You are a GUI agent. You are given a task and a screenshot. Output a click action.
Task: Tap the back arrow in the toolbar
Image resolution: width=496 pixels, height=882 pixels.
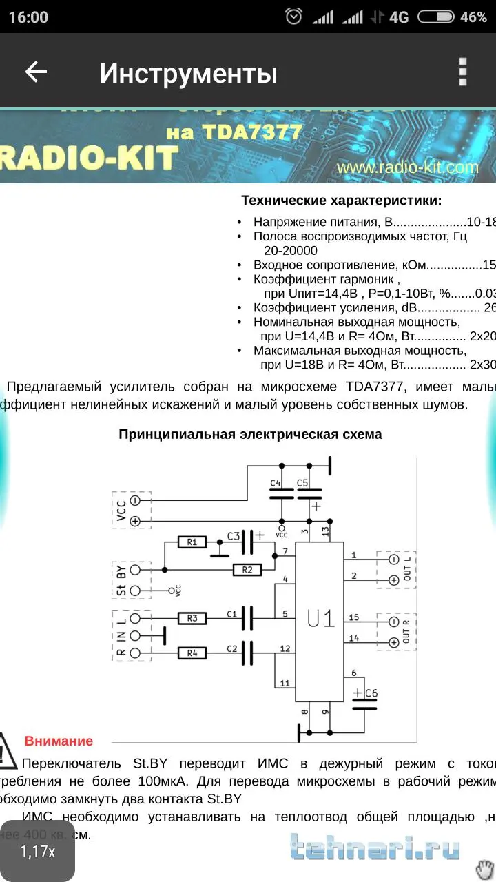point(36,72)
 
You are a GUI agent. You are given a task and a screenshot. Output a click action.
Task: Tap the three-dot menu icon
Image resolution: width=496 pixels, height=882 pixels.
point(463,72)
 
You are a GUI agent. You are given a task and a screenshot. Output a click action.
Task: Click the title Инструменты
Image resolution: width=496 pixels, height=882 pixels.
point(188,73)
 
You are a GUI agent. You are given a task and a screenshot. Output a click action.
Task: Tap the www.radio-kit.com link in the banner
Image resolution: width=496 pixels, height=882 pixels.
point(408,167)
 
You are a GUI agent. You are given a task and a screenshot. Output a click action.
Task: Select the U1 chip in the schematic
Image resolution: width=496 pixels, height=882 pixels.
point(320,619)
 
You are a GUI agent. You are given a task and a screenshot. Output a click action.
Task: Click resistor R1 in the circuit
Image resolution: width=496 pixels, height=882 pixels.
point(192,542)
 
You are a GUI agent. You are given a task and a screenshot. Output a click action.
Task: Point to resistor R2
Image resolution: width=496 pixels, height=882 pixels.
point(247,569)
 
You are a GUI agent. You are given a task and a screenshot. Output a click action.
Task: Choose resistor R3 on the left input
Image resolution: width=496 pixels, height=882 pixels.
point(192,618)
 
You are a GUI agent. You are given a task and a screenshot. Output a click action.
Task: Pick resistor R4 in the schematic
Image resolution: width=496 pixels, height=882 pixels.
point(192,652)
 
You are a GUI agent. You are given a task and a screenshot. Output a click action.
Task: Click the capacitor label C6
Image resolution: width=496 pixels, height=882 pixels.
point(371,693)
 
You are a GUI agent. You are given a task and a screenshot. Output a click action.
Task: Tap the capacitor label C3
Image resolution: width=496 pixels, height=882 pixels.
point(234,535)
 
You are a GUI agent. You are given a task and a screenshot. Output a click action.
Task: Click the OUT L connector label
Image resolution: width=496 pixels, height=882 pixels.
point(408,570)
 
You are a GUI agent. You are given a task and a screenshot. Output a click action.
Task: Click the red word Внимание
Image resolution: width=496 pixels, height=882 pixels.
point(59,741)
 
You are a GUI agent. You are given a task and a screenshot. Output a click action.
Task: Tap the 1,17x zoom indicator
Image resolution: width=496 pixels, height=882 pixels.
point(38,852)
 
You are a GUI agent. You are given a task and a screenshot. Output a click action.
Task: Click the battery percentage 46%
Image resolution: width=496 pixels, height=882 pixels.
point(473,17)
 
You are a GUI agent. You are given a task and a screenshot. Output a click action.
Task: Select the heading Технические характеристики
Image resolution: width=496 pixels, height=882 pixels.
point(342,201)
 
